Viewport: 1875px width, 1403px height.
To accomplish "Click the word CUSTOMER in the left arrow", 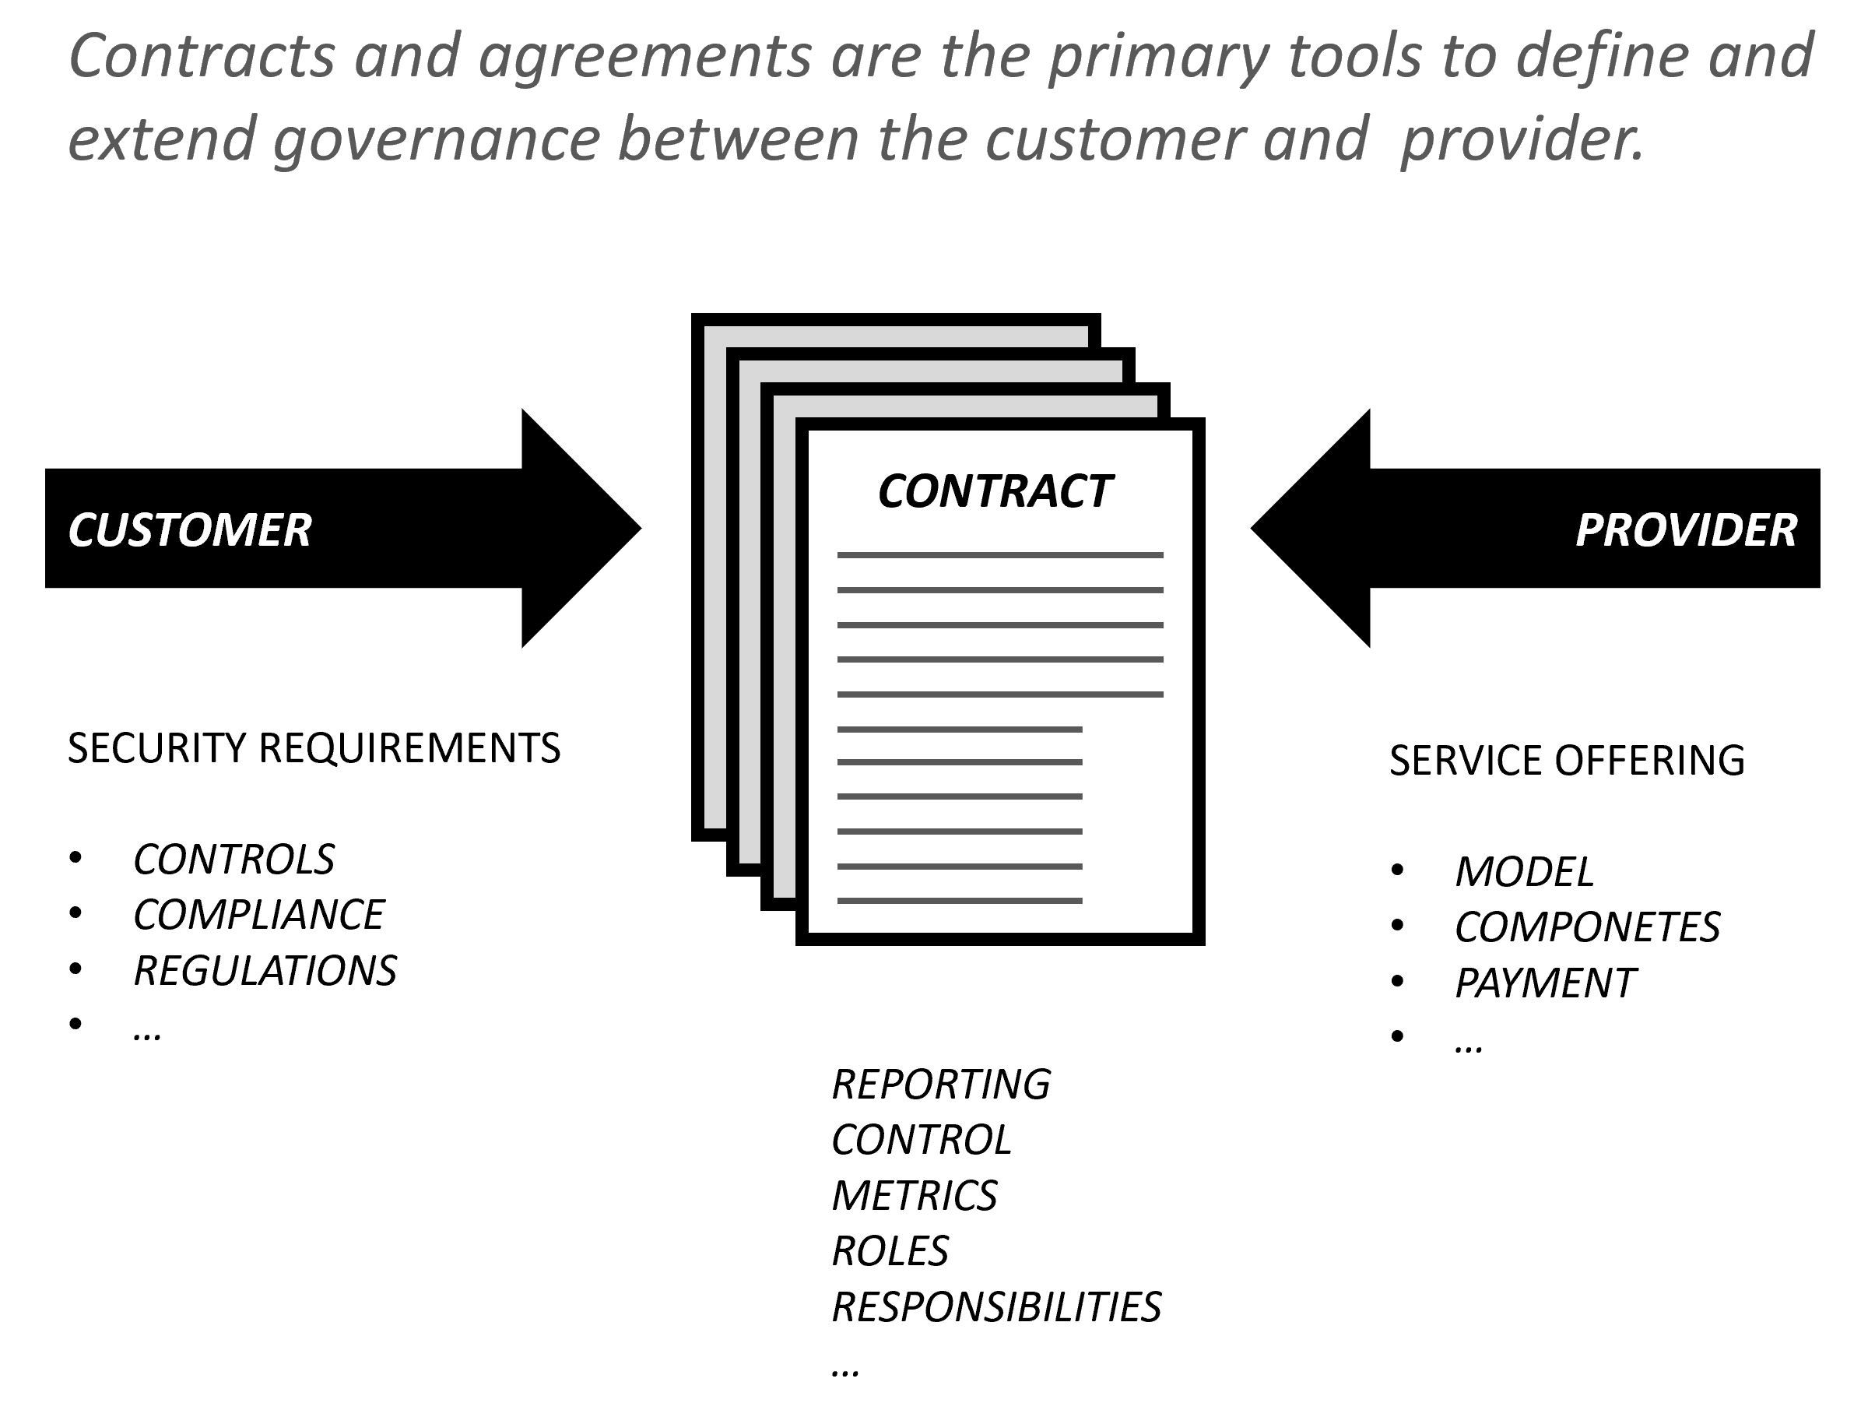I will (189, 531).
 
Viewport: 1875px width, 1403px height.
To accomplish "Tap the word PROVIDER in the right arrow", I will (1685, 531).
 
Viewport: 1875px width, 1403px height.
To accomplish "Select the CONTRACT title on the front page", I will (994, 492).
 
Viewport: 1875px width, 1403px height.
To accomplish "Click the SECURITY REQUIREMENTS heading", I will (314, 748).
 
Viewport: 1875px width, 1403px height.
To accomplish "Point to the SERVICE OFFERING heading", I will (1567, 761).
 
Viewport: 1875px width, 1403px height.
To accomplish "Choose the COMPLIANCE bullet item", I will (258, 915).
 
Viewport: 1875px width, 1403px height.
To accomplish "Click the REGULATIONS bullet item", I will (265, 971).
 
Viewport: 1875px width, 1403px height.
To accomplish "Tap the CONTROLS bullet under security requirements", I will (234, 860).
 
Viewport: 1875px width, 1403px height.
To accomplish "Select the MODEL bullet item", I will (1523, 872).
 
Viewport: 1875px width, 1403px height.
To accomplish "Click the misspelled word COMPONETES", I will (1587, 927).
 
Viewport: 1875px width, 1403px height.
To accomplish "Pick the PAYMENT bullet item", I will (1544, 983).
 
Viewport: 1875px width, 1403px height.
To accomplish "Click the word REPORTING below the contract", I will (941, 1085).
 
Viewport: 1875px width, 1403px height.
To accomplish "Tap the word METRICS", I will (914, 1196).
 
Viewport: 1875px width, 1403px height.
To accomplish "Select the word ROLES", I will (890, 1251).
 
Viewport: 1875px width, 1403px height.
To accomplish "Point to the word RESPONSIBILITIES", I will (996, 1307).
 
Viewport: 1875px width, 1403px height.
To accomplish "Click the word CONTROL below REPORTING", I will (922, 1140).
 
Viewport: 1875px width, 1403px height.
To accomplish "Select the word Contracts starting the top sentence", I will (202, 56).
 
